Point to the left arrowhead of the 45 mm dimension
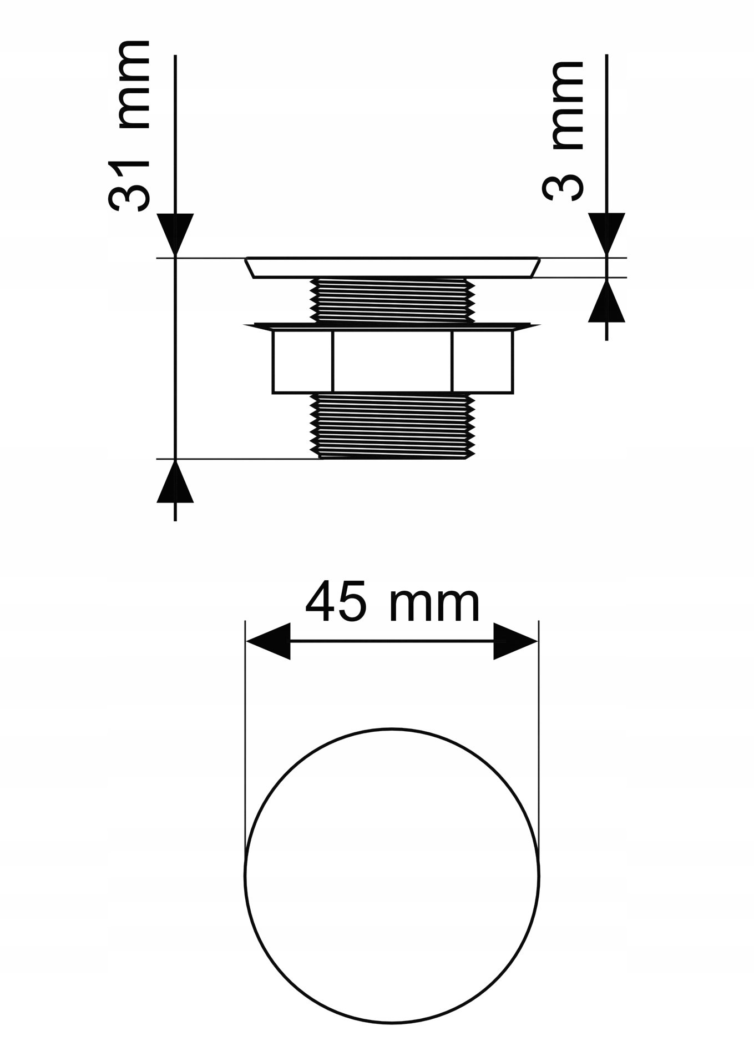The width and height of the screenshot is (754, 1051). coord(269,641)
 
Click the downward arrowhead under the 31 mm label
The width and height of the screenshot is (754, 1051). coord(175,233)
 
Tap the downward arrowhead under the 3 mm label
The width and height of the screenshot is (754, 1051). coord(606,233)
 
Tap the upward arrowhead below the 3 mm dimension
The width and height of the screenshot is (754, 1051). coord(606,302)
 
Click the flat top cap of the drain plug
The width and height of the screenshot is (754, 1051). coord(392,267)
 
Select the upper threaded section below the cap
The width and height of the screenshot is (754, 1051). coord(392,300)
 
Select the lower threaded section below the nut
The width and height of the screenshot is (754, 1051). coord(392,425)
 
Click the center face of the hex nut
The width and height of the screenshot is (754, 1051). coord(392,361)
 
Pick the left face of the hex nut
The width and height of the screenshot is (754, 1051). coord(302,361)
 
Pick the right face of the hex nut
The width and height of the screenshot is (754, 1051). coord(482,361)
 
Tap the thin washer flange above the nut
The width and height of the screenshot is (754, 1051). coord(392,326)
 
